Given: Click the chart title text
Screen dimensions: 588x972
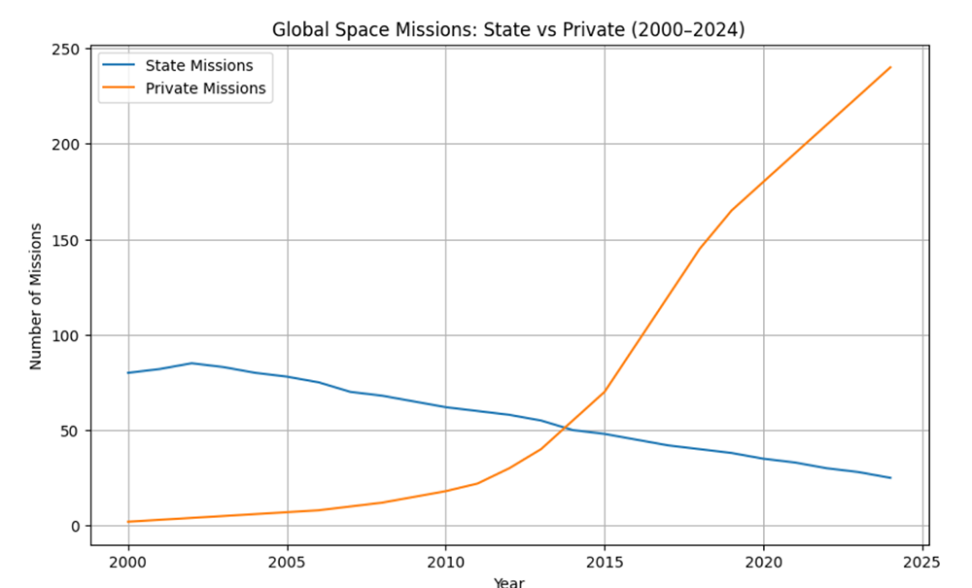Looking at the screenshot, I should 508,30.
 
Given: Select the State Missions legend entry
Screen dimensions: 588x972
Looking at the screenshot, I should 198,66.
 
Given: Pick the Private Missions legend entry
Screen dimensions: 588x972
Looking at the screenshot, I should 205,88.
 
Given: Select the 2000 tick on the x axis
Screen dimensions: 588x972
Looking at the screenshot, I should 128,562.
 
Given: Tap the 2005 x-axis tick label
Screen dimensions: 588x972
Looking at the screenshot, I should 287,562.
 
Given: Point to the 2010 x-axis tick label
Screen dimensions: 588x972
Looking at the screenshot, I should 445,562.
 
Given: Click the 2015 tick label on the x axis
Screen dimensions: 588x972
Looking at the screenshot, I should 605,562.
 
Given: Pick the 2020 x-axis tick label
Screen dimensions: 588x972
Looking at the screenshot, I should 763,562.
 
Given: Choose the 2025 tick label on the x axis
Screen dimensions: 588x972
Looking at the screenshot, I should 921,562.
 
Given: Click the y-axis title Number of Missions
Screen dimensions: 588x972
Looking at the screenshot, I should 36,296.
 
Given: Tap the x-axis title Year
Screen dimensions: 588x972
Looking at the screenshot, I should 508,582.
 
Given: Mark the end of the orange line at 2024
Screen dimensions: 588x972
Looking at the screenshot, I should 890,67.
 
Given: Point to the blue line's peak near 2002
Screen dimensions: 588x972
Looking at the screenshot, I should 191,363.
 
